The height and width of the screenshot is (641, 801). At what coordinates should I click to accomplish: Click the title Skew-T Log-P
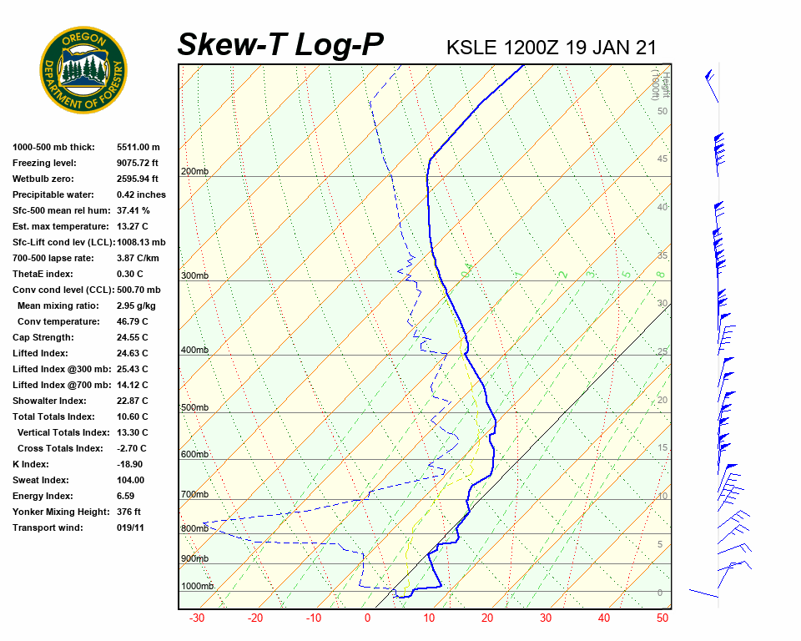click(280, 45)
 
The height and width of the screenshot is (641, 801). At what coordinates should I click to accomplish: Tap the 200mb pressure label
click(194, 172)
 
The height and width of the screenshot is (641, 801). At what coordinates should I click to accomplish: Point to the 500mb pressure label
click(194, 407)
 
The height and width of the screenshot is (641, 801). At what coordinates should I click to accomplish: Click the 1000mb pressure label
click(197, 586)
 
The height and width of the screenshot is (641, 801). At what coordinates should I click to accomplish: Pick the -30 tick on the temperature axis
click(197, 618)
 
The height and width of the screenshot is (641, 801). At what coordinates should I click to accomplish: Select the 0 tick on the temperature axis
click(367, 618)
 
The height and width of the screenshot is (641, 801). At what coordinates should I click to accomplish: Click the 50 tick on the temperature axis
click(662, 618)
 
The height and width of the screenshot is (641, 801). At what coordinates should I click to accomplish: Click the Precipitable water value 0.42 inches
click(141, 195)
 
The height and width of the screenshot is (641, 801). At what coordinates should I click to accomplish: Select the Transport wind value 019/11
click(131, 528)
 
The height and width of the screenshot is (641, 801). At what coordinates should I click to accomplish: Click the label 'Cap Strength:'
click(43, 338)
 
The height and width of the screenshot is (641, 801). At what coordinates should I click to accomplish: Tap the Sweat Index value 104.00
click(130, 481)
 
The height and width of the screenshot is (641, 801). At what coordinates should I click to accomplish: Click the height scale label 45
click(662, 159)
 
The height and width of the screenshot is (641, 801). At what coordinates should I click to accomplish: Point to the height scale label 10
click(662, 497)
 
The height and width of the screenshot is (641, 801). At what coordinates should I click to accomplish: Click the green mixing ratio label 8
click(659, 274)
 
